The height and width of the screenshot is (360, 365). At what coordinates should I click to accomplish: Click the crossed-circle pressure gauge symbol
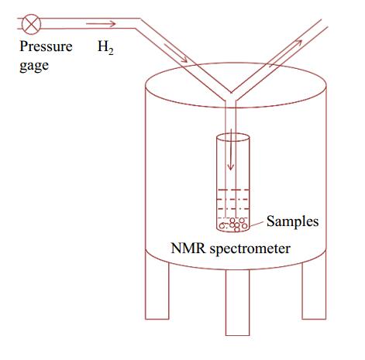pyautogui.click(x=31, y=24)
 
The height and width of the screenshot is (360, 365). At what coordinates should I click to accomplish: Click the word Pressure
pyautogui.click(x=46, y=46)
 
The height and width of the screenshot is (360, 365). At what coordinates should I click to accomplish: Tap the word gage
pyautogui.click(x=34, y=66)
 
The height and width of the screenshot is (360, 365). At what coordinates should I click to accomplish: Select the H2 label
pyautogui.click(x=105, y=47)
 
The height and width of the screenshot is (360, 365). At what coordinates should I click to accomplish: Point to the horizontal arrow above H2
pyautogui.click(x=101, y=24)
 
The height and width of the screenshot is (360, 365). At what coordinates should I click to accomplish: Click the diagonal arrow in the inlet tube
pyautogui.click(x=176, y=53)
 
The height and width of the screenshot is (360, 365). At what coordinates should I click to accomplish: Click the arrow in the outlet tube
pyautogui.click(x=286, y=53)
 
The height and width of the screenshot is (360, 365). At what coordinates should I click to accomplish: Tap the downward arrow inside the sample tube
pyautogui.click(x=231, y=149)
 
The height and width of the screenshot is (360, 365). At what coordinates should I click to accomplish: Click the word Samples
pyautogui.click(x=292, y=221)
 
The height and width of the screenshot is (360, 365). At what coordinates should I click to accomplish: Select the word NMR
pyautogui.click(x=188, y=249)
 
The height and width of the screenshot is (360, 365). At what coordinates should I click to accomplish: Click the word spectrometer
pyautogui.click(x=250, y=249)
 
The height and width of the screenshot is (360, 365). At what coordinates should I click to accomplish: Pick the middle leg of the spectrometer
pyautogui.click(x=238, y=303)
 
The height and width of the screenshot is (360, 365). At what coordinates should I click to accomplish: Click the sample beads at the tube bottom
pyautogui.click(x=233, y=224)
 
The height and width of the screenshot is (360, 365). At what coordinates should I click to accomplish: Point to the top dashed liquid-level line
pyautogui.click(x=233, y=190)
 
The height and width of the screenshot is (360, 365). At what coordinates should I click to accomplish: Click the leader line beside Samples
pyautogui.click(x=257, y=224)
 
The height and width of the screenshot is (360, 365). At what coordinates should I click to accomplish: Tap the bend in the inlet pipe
pyautogui.click(x=138, y=23)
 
